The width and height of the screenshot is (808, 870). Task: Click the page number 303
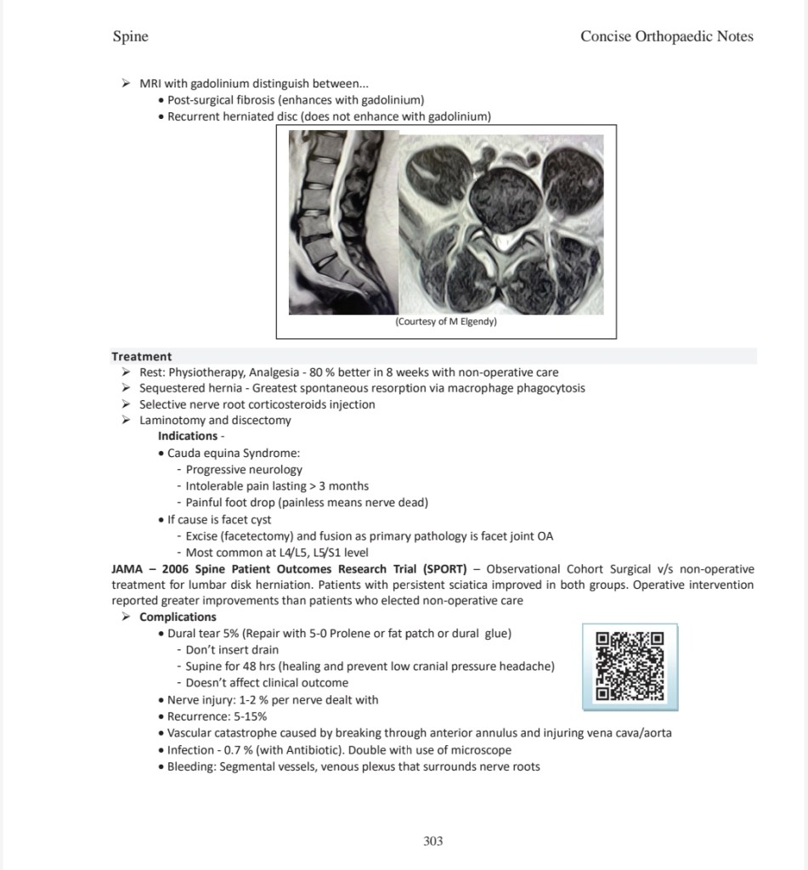pos(432,841)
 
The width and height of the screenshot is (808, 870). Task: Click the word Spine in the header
pos(130,36)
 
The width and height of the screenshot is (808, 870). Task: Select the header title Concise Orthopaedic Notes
pos(666,36)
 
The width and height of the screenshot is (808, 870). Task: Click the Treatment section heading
pos(141,357)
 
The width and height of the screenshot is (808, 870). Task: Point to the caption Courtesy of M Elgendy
pos(446,322)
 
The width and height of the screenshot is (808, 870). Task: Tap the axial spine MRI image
pos(501,225)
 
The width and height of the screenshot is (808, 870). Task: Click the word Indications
pos(187,436)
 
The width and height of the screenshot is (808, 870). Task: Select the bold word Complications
pos(178,617)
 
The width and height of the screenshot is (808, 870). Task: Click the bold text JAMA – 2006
pos(151,568)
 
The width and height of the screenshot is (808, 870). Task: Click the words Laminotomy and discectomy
pos(215,420)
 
